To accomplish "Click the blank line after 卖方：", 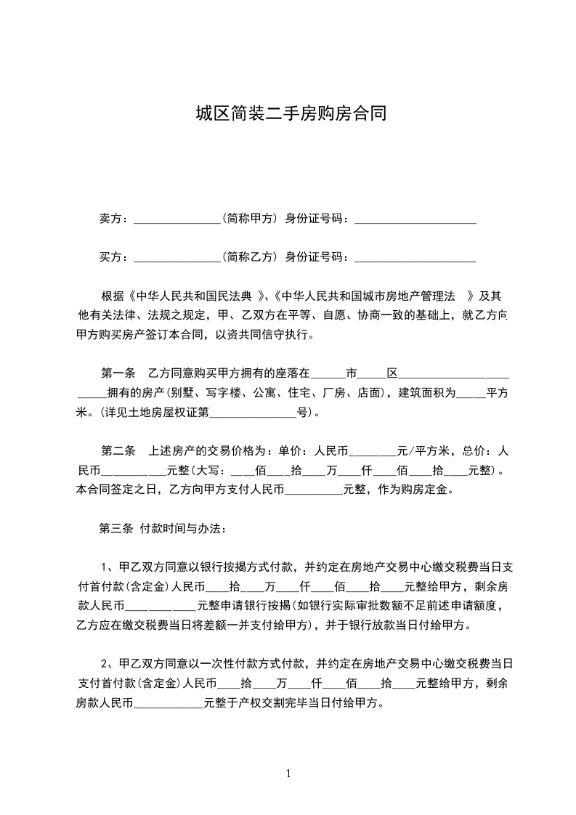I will click(177, 218).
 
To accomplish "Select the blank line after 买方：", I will click(177, 256).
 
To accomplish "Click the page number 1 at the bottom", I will click(288, 773).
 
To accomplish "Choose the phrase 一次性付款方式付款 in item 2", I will click(256, 663).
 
